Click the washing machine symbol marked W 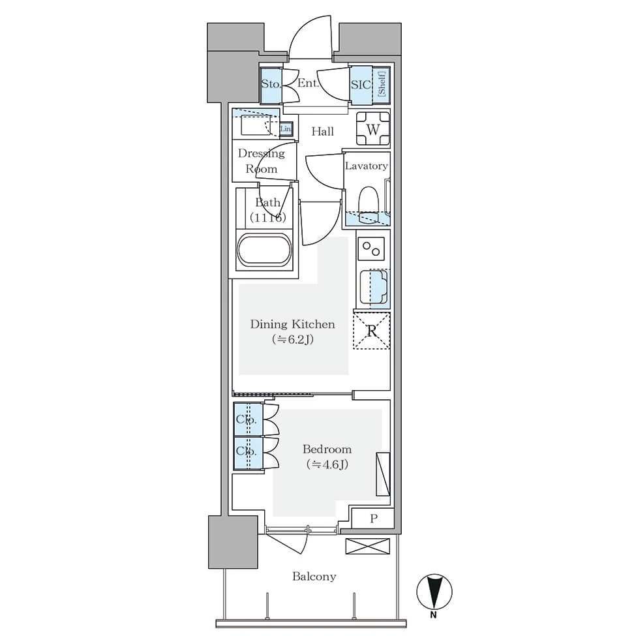pos(372,129)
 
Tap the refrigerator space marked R pos(372,331)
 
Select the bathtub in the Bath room pos(264,250)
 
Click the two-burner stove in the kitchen pos(371,249)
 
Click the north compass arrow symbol pos(434,592)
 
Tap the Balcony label pos(314,577)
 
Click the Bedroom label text pos(327,449)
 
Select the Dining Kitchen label pos(292,324)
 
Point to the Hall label pos(323,131)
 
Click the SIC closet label pos(361,84)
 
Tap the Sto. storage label pos(271,84)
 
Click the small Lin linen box pos(286,129)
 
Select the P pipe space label pos(374,518)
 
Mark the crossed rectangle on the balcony pos(367,546)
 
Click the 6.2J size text pos(292,339)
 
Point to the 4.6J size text pos(327,464)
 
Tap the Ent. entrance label pos(308,83)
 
